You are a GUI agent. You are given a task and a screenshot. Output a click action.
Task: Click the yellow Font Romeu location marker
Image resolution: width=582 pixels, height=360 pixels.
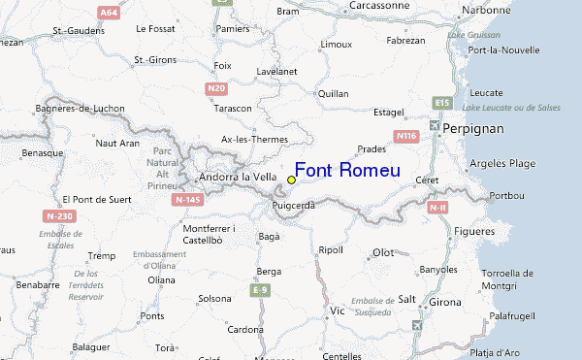point(291,180)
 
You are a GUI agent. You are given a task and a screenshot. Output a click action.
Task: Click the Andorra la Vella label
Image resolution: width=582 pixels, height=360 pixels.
point(238,178)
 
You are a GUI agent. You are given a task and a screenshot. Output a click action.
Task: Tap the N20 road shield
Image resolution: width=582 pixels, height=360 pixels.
point(215,88)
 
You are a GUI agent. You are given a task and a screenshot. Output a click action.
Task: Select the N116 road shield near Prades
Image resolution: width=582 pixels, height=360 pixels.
point(405,137)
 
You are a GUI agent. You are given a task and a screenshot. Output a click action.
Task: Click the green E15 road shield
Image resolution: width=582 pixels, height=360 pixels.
point(443,102)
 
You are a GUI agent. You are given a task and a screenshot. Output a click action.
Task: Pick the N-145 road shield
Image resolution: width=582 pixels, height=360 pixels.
point(187,199)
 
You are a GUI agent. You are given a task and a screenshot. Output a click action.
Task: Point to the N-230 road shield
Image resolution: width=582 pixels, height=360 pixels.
point(58,215)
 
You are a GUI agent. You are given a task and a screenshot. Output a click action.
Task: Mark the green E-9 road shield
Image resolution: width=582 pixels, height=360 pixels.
point(259,290)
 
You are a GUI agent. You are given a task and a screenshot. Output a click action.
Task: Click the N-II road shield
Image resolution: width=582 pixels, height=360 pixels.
point(437,207)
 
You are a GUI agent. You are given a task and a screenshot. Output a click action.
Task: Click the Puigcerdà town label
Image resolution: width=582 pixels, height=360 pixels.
point(295,206)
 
